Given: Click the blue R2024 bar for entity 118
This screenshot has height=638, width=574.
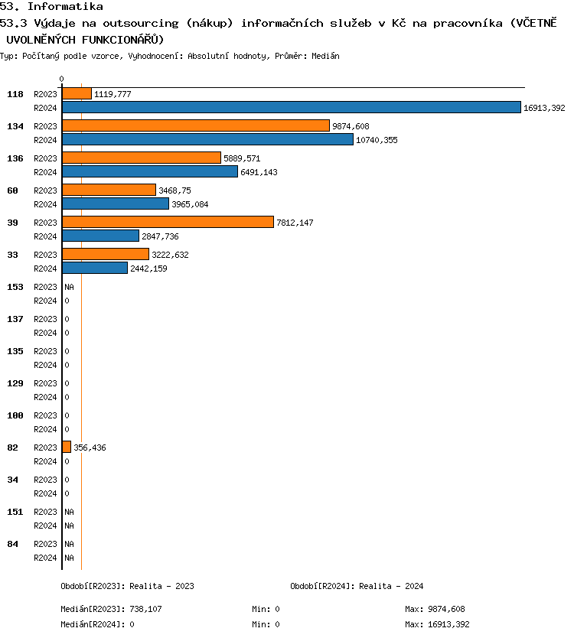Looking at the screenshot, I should point(291,108).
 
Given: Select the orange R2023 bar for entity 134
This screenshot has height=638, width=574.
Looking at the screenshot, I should point(195,125).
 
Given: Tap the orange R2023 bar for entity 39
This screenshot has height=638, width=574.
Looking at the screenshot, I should point(168,222).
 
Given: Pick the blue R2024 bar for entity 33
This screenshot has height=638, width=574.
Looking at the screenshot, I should point(95,269).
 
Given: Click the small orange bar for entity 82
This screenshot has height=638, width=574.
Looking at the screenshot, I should point(67,447).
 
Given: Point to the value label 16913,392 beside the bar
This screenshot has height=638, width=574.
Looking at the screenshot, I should point(544,109).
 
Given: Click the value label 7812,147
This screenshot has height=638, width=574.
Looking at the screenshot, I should point(295,223).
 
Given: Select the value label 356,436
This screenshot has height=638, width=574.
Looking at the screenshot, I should point(90,448).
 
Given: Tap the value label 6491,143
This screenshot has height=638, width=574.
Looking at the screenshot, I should point(259,172).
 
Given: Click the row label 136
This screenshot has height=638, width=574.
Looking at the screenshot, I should point(15,158).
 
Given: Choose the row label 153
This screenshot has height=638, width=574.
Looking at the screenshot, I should point(15,287).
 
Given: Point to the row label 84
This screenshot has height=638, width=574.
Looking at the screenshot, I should point(13,544).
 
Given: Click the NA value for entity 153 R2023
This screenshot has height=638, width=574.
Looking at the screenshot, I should point(69,287).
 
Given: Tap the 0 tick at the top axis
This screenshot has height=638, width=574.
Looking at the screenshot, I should point(61,79).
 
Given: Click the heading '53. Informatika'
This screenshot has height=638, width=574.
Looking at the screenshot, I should point(51,7).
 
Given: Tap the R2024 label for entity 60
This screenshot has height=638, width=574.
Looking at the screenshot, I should point(46,204).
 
